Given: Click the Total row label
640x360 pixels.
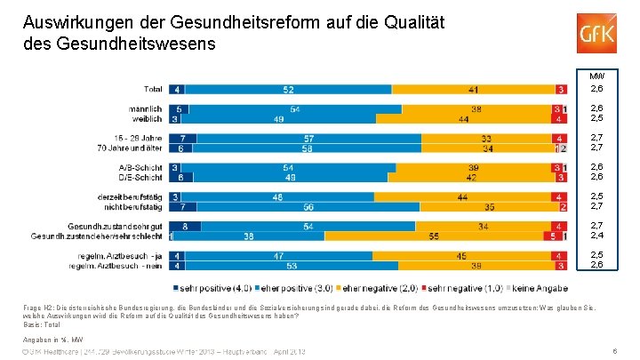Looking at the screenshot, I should click(x=152, y=89).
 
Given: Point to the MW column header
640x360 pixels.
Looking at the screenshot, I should click(x=596, y=76).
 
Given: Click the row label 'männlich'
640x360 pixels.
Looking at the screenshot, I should click(x=147, y=108).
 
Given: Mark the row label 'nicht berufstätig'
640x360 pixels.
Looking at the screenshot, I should click(x=134, y=206).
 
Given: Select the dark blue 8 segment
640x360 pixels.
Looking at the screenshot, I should click(x=184, y=226).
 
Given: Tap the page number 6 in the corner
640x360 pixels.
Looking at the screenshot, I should click(x=615, y=352).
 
